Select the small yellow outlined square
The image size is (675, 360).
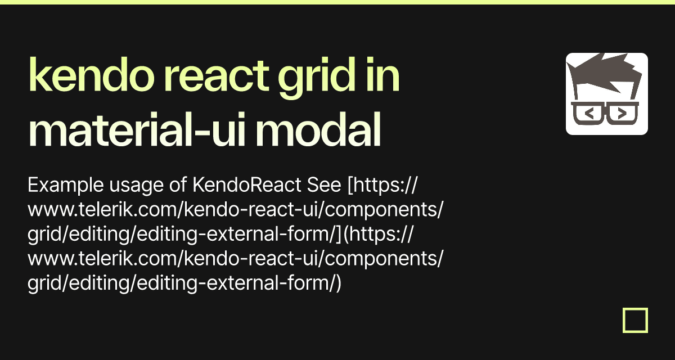[635, 321]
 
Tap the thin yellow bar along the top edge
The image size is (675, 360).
[337, 2]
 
